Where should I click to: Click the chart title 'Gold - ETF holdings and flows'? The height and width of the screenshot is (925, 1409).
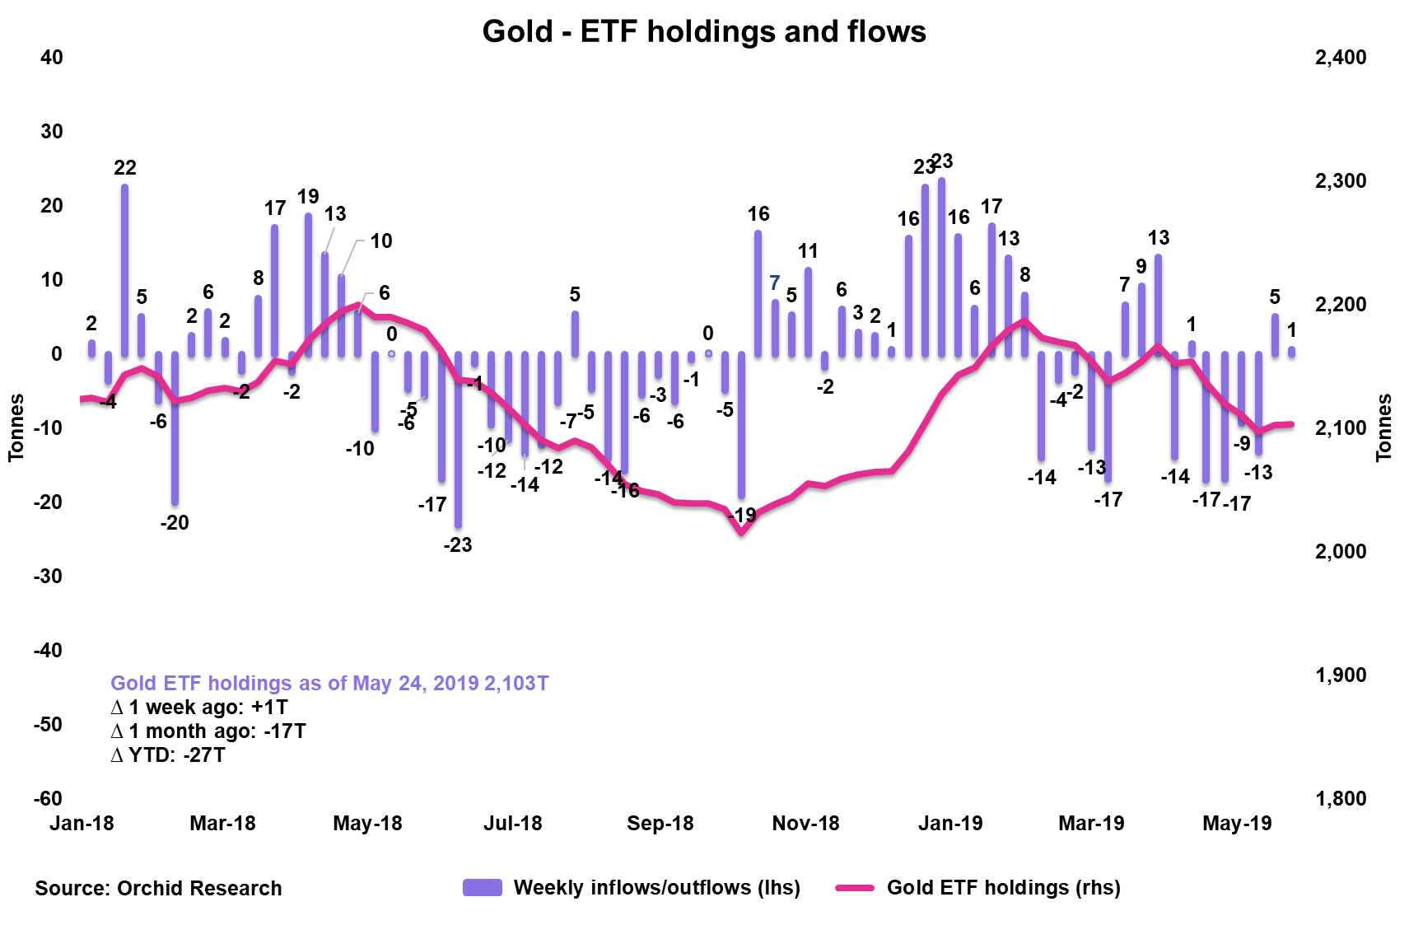pos(704,31)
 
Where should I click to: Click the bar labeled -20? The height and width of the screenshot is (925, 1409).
pos(175,427)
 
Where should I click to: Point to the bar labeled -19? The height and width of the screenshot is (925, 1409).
pos(741,424)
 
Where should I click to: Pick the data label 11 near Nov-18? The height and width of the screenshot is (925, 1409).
pos(808,250)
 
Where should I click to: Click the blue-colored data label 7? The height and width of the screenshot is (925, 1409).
pos(774,283)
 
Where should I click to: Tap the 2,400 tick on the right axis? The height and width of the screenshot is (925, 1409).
pos(1341,58)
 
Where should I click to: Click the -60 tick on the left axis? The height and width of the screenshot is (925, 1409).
pos(48,798)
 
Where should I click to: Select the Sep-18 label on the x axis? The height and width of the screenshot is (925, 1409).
pos(660,823)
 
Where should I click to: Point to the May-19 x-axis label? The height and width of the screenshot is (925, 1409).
pos(1237,823)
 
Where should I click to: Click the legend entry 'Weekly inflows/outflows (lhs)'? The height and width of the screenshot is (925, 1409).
pos(656,887)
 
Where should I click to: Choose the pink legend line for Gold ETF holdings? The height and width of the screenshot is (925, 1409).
pos(855,887)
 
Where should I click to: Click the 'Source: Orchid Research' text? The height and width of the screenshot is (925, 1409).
pos(158,888)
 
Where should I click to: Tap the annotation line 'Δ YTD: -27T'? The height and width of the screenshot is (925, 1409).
pos(168,754)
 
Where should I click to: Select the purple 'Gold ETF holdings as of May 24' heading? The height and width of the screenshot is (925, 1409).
pos(329,683)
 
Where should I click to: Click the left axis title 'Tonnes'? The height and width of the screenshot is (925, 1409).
pos(16,427)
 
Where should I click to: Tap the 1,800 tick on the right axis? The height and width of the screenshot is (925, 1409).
pos(1341,798)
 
